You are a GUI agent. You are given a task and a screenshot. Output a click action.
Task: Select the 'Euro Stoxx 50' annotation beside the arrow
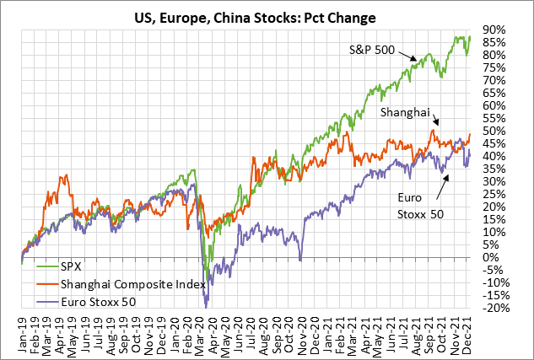pos(419,207)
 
